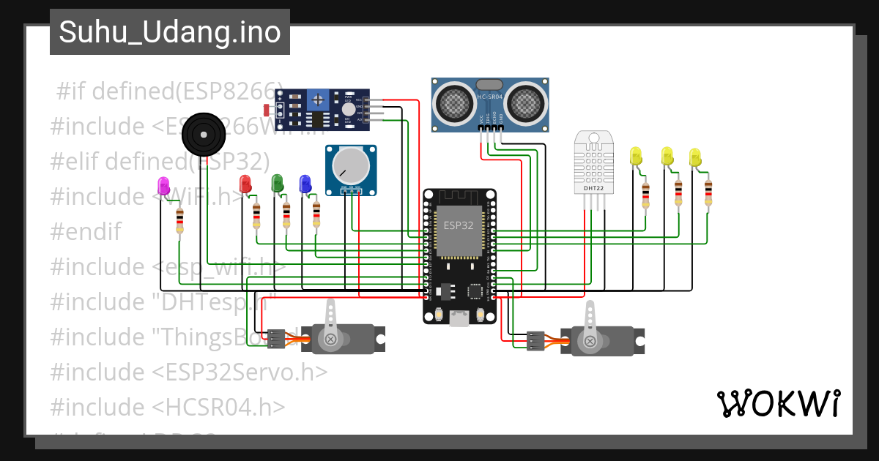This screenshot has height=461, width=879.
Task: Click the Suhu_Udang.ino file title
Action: (x=169, y=32)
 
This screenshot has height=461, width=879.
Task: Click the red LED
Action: (x=246, y=183)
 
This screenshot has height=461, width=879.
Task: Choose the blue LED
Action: (x=305, y=183)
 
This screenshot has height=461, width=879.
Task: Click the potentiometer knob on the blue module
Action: (x=352, y=165)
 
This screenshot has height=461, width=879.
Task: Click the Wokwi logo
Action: (x=777, y=403)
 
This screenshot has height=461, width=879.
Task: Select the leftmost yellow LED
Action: (x=635, y=156)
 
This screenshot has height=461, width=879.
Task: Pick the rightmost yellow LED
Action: (x=695, y=157)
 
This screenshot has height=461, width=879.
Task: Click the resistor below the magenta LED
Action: (x=180, y=222)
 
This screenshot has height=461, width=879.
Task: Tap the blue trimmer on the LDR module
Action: (x=316, y=97)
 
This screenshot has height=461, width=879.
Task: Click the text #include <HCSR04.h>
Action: (x=168, y=406)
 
